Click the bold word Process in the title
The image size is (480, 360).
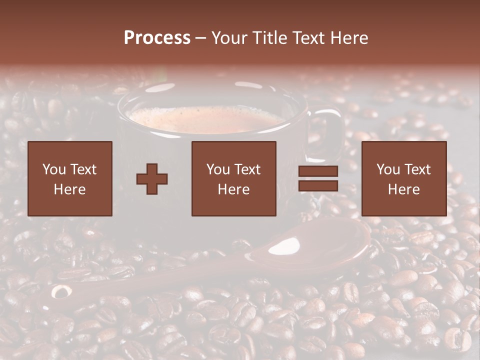point(157,38)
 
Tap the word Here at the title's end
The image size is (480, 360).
point(349,38)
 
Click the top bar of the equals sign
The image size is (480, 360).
point(318,171)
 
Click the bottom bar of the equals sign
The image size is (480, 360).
point(318,186)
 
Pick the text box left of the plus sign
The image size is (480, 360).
point(70,179)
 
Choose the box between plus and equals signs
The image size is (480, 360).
point(234,179)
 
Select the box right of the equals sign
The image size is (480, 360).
point(404,179)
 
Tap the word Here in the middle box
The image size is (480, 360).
point(234,189)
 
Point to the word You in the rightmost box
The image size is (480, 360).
point(388,169)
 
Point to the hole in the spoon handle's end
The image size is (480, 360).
point(61,292)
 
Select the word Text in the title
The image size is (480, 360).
point(309,38)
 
